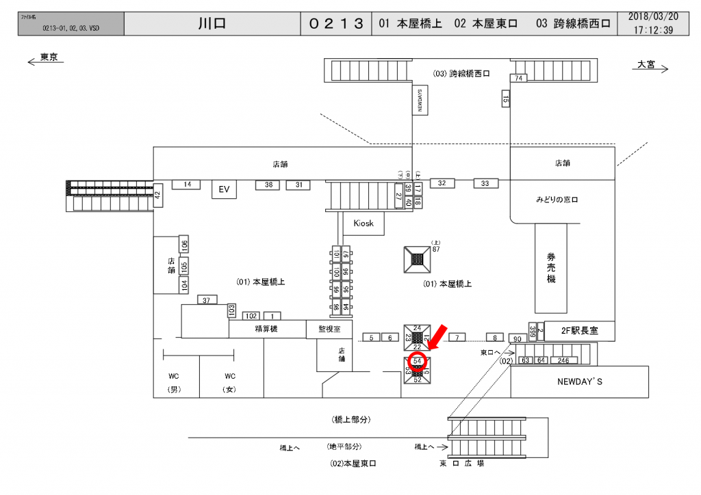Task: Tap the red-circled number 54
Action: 418,360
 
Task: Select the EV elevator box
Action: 223,189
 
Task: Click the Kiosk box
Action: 364,224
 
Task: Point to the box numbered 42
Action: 157,195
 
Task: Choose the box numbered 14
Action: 186,184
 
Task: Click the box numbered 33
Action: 485,183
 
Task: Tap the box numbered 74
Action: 520,79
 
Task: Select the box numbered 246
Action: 563,360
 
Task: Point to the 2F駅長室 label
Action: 571,330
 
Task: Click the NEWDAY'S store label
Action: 579,382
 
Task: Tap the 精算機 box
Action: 267,329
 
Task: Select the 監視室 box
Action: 329,329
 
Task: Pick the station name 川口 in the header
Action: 212,23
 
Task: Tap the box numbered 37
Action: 206,300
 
